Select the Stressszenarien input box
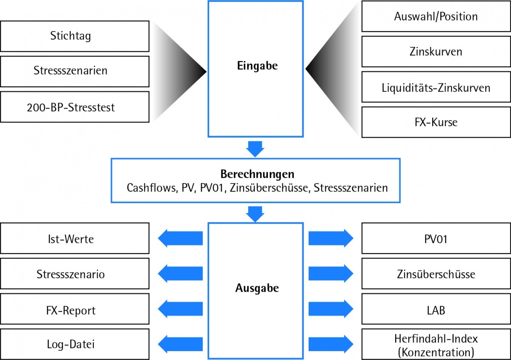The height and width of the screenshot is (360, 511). pyautogui.click(x=75, y=71)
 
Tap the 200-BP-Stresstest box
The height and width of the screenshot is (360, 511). pyautogui.click(x=75, y=107)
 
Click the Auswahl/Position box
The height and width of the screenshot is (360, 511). pyautogui.click(x=436, y=16)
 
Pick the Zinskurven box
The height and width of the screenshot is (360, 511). pyautogui.click(x=436, y=52)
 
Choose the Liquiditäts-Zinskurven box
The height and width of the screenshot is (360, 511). pyautogui.click(x=436, y=87)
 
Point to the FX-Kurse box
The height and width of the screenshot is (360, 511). pyautogui.click(x=436, y=122)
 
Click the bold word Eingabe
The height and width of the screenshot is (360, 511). pyautogui.click(x=257, y=66)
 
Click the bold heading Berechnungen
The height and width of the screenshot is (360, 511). pyautogui.click(x=257, y=174)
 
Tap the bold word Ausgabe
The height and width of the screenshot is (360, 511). pyautogui.click(x=257, y=288)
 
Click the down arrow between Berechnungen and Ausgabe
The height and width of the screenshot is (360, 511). pyautogui.click(x=255, y=213)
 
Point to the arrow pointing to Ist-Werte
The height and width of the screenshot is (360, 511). pyautogui.click(x=181, y=239)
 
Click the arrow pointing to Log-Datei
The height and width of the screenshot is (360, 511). pyautogui.click(x=181, y=343)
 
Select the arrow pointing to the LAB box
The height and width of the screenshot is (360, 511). pyautogui.click(x=330, y=309)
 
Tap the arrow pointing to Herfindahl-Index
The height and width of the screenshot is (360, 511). pyautogui.click(x=330, y=343)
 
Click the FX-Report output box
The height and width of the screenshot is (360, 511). pyautogui.click(x=75, y=310)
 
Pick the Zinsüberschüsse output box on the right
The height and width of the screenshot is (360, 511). pyautogui.click(x=436, y=274)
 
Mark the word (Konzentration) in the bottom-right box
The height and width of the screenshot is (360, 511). pyautogui.click(x=436, y=351)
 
